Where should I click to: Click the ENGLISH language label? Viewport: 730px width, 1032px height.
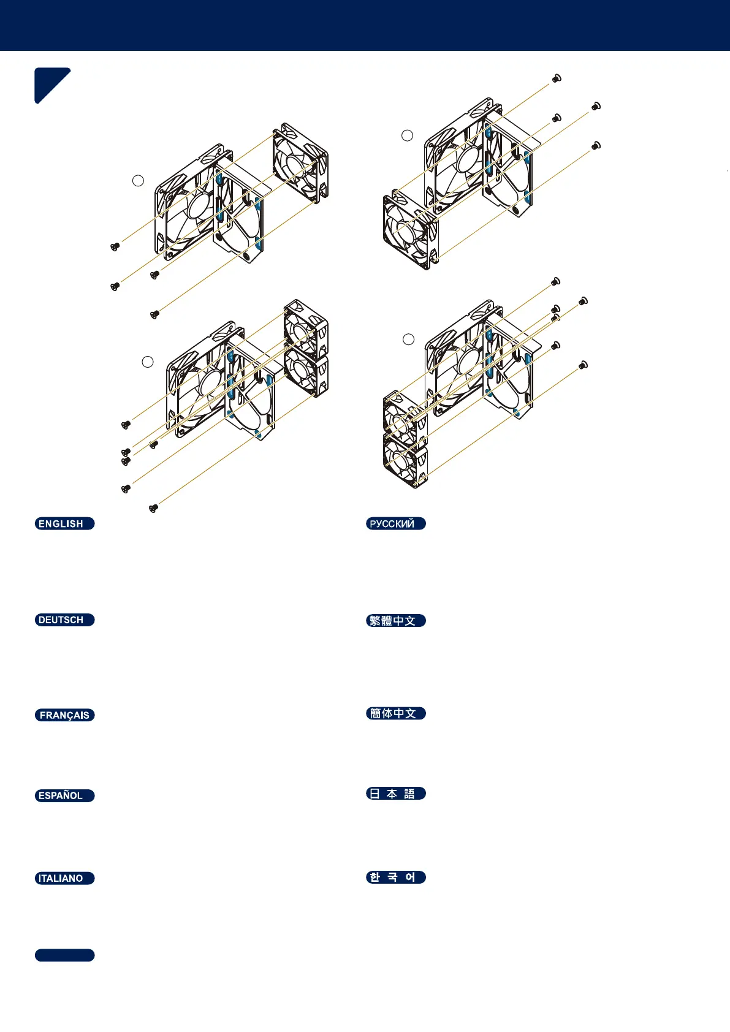pyautogui.click(x=64, y=523)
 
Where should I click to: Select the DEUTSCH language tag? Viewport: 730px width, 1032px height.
pyautogui.click(x=64, y=620)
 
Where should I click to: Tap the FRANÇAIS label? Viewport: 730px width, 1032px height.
pyautogui.click(x=64, y=715)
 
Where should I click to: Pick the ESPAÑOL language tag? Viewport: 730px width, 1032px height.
pyautogui.click(x=64, y=795)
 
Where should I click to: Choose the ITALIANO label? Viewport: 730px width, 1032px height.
pyautogui.click(x=64, y=878)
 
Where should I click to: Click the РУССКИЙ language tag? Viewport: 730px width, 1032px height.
pyautogui.click(x=395, y=523)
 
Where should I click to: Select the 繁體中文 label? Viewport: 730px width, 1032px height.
pyautogui.click(x=395, y=620)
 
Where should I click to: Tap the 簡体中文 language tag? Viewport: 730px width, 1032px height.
pyautogui.click(x=395, y=713)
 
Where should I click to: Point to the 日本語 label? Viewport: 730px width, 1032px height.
pyautogui.click(x=395, y=794)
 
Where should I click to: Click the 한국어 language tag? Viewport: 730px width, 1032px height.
pyautogui.click(x=395, y=877)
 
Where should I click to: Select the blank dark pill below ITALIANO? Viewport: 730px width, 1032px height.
pyautogui.click(x=64, y=955)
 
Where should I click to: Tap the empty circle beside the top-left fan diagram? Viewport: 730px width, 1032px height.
pyautogui.click(x=139, y=180)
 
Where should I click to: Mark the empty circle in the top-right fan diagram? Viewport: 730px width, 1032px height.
pyautogui.click(x=407, y=135)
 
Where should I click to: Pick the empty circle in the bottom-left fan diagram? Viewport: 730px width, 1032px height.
pyautogui.click(x=148, y=362)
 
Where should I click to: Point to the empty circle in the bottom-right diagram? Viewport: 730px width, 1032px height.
pyautogui.click(x=408, y=339)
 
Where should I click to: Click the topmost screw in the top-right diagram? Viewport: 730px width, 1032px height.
pyautogui.click(x=557, y=78)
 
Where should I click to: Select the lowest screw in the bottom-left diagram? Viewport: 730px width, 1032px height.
pyautogui.click(x=153, y=507)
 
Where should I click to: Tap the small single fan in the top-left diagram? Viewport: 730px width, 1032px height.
pyautogui.click(x=300, y=162)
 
